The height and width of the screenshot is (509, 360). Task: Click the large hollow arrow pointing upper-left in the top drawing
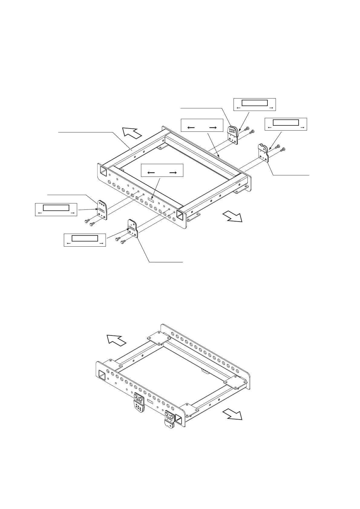coord(132,133)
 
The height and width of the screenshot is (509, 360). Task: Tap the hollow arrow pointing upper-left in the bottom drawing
coord(116,340)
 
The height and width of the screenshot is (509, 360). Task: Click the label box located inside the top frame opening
coord(162,170)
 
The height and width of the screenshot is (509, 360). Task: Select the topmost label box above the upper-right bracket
coord(255,104)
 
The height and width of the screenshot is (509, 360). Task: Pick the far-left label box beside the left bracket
coord(56,209)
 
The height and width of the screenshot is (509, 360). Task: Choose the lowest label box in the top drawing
coord(85,240)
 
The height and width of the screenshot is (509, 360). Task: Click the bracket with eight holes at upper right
coord(233,135)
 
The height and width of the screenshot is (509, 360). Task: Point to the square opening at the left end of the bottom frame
coord(103,376)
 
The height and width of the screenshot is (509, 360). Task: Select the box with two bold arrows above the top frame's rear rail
coord(202,125)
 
